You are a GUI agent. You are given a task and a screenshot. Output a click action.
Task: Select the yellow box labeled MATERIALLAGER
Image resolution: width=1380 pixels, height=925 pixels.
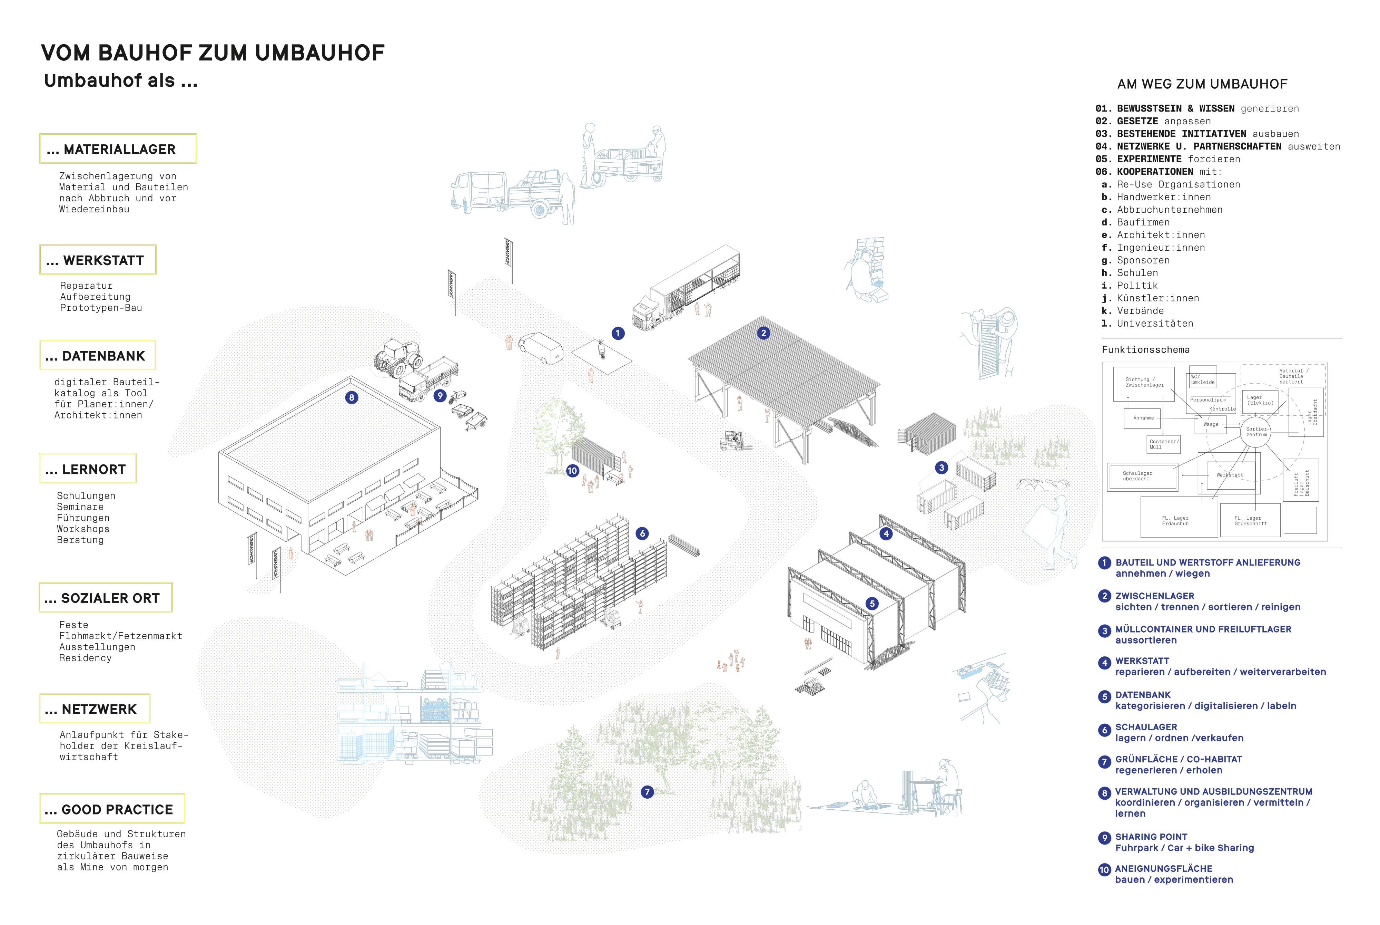(118, 149)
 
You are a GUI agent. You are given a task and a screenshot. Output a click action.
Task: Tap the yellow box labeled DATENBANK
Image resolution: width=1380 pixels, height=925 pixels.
(97, 356)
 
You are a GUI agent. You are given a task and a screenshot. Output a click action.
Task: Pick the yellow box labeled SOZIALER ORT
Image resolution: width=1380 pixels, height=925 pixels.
(106, 598)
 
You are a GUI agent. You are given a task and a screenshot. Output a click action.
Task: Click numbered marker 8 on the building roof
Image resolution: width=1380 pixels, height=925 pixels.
(351, 398)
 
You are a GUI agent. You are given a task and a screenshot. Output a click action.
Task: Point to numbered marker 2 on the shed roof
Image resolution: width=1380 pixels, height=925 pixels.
(763, 333)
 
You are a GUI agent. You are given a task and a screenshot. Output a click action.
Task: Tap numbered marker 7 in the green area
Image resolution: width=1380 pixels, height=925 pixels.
(647, 792)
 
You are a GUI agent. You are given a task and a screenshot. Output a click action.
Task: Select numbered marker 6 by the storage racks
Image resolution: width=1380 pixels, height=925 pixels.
(642, 534)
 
